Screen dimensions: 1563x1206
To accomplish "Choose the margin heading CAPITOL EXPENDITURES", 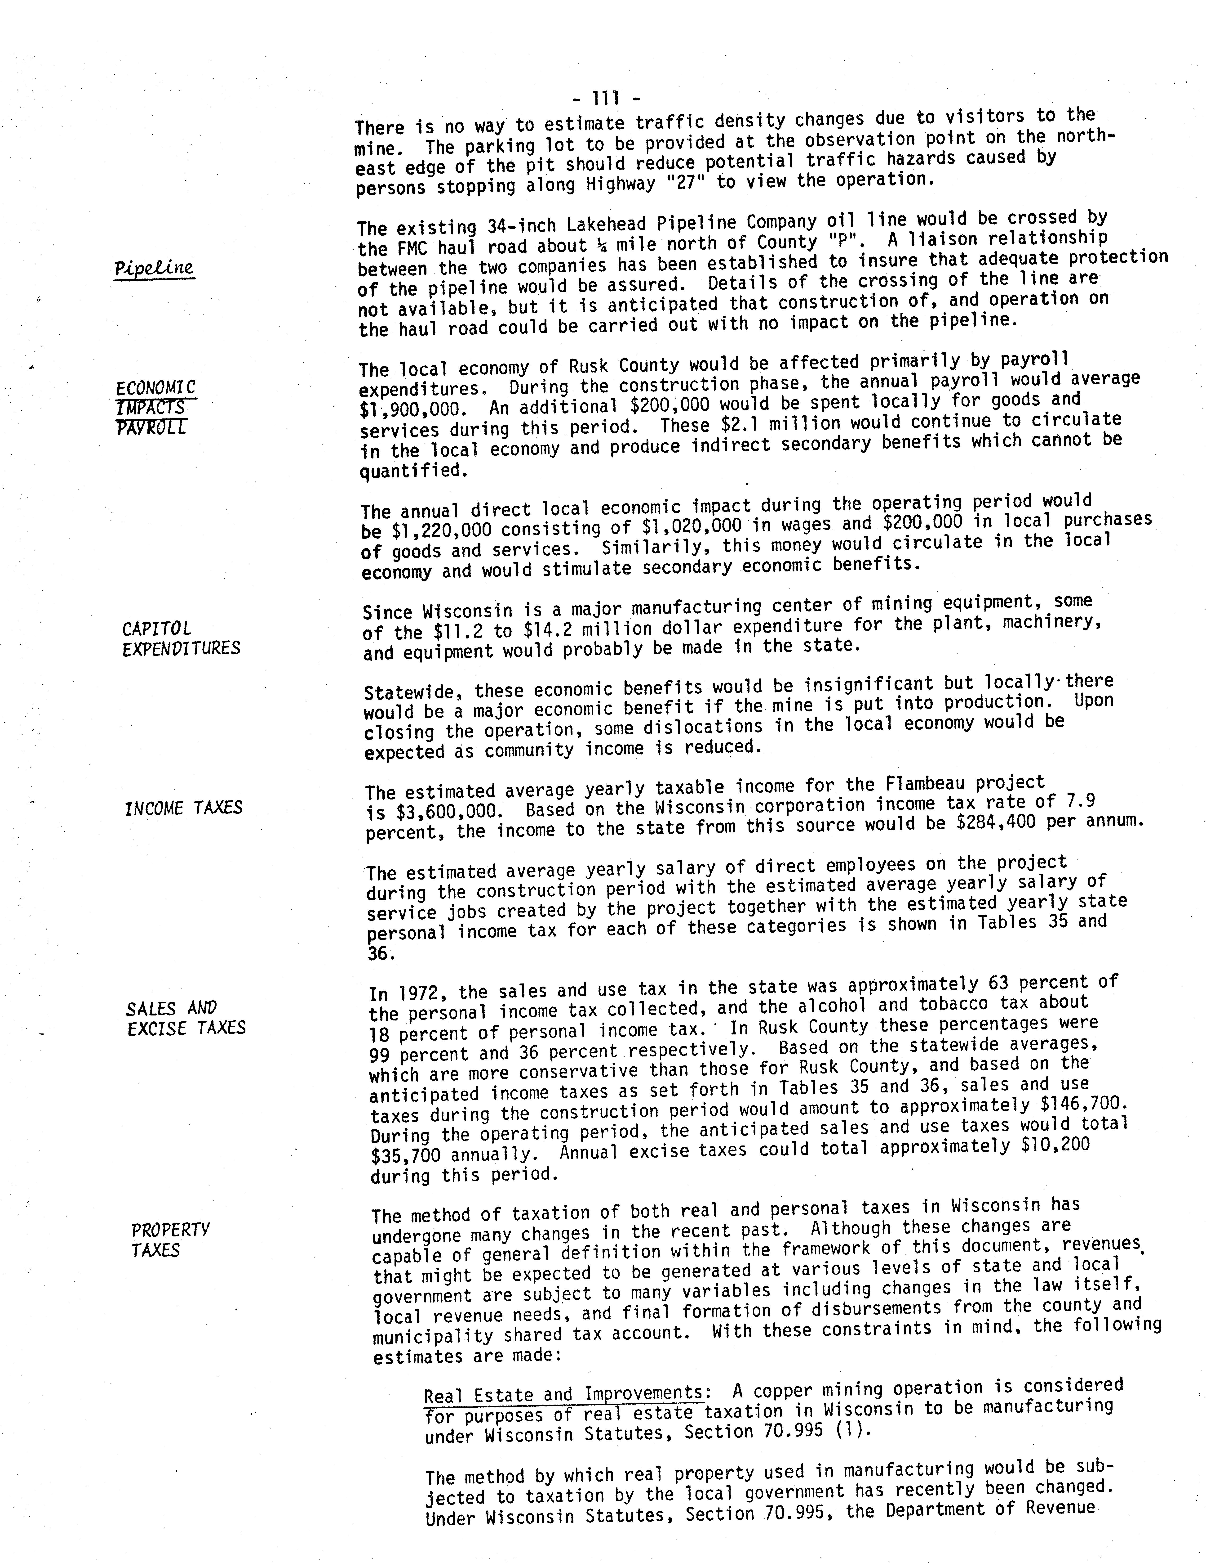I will coord(181,638).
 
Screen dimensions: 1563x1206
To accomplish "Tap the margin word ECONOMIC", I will coord(155,388).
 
